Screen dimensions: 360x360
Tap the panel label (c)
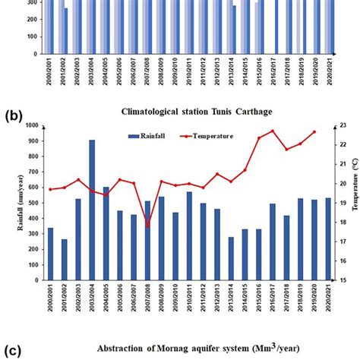coord(14,351)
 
